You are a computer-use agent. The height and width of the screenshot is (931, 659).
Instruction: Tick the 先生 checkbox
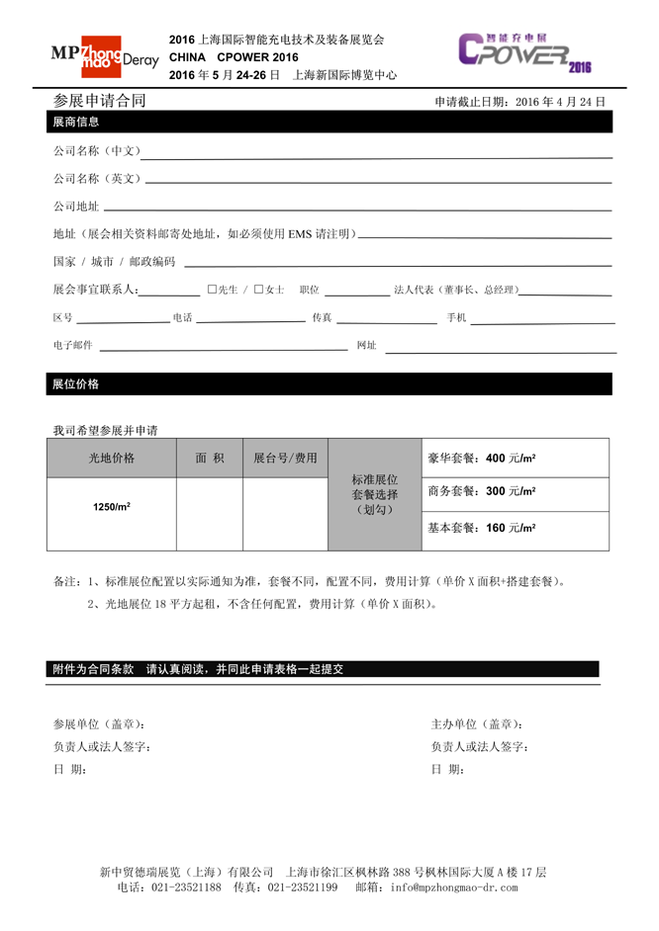tap(213, 290)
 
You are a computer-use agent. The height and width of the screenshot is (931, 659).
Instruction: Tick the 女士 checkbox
tap(258, 290)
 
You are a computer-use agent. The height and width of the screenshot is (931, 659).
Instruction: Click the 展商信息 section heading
tap(75, 122)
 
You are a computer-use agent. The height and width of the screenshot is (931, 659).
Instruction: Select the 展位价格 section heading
tap(75, 383)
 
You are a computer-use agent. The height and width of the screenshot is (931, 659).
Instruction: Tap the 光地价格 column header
tap(112, 458)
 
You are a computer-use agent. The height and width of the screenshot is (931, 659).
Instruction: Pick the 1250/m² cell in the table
tap(112, 506)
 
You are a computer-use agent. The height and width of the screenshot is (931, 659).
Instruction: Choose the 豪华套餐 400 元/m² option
tap(482, 459)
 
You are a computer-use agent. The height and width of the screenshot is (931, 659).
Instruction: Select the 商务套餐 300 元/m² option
tap(482, 492)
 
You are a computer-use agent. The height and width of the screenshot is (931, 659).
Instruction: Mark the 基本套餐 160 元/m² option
tap(482, 528)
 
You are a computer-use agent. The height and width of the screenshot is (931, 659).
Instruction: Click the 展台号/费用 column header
tap(285, 458)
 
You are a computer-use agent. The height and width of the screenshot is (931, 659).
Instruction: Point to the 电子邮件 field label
tap(72, 345)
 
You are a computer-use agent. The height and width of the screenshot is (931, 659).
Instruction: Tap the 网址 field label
tap(366, 345)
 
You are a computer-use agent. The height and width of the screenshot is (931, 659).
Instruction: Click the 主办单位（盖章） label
tap(477, 724)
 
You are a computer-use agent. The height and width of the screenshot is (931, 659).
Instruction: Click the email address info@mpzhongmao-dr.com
tap(453, 888)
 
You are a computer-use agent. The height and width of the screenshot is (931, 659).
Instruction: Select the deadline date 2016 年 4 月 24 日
tap(560, 102)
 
